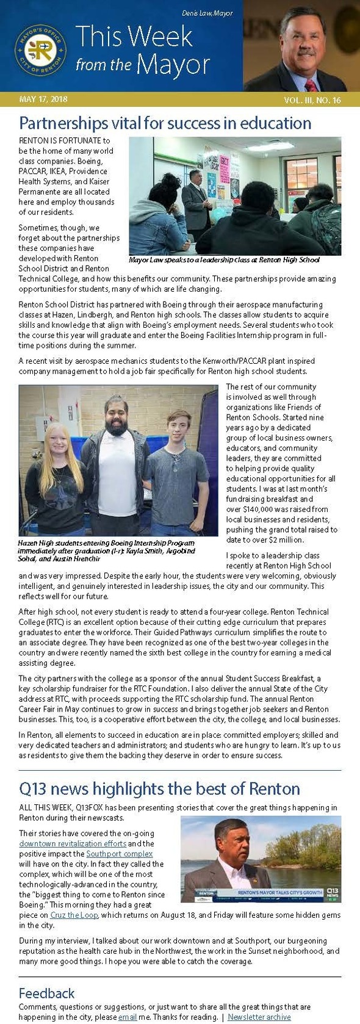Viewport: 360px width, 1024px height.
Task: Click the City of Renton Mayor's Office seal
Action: coord(41,51)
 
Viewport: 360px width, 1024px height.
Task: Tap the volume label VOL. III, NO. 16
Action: coord(312,100)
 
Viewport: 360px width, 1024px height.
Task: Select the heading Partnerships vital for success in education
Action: coord(165,123)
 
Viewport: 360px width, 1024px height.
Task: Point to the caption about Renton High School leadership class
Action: coord(224,260)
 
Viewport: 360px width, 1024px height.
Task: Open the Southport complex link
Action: coord(119,854)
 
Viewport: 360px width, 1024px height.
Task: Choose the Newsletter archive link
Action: coord(259,1017)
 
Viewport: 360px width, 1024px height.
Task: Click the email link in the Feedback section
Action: coord(127,1017)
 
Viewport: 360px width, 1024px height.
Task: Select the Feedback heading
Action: coord(46,993)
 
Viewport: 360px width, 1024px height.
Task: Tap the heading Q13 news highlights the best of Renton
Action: coord(159,788)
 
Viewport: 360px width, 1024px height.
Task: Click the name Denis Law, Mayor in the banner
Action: coord(207,13)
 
